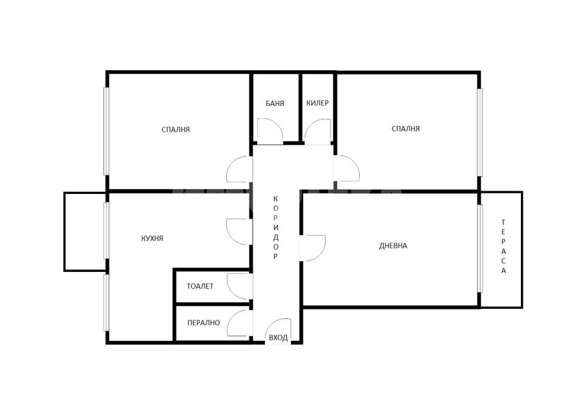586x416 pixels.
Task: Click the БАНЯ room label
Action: click(275, 104)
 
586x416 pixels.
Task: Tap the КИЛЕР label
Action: click(317, 103)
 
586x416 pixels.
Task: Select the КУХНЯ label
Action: click(152, 238)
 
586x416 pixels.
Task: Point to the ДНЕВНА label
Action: click(393, 245)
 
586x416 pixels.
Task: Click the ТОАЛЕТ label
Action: click(200, 287)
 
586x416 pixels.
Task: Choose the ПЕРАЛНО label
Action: click(204, 323)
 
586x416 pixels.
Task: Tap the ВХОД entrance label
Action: click(278, 338)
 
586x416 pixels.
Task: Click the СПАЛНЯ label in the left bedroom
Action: click(176, 129)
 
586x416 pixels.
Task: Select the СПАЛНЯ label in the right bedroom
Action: click(406, 129)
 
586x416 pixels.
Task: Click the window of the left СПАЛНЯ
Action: click(106, 131)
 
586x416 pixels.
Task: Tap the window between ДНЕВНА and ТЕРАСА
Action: click(481, 248)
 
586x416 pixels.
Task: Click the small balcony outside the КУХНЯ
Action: click(85, 232)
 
